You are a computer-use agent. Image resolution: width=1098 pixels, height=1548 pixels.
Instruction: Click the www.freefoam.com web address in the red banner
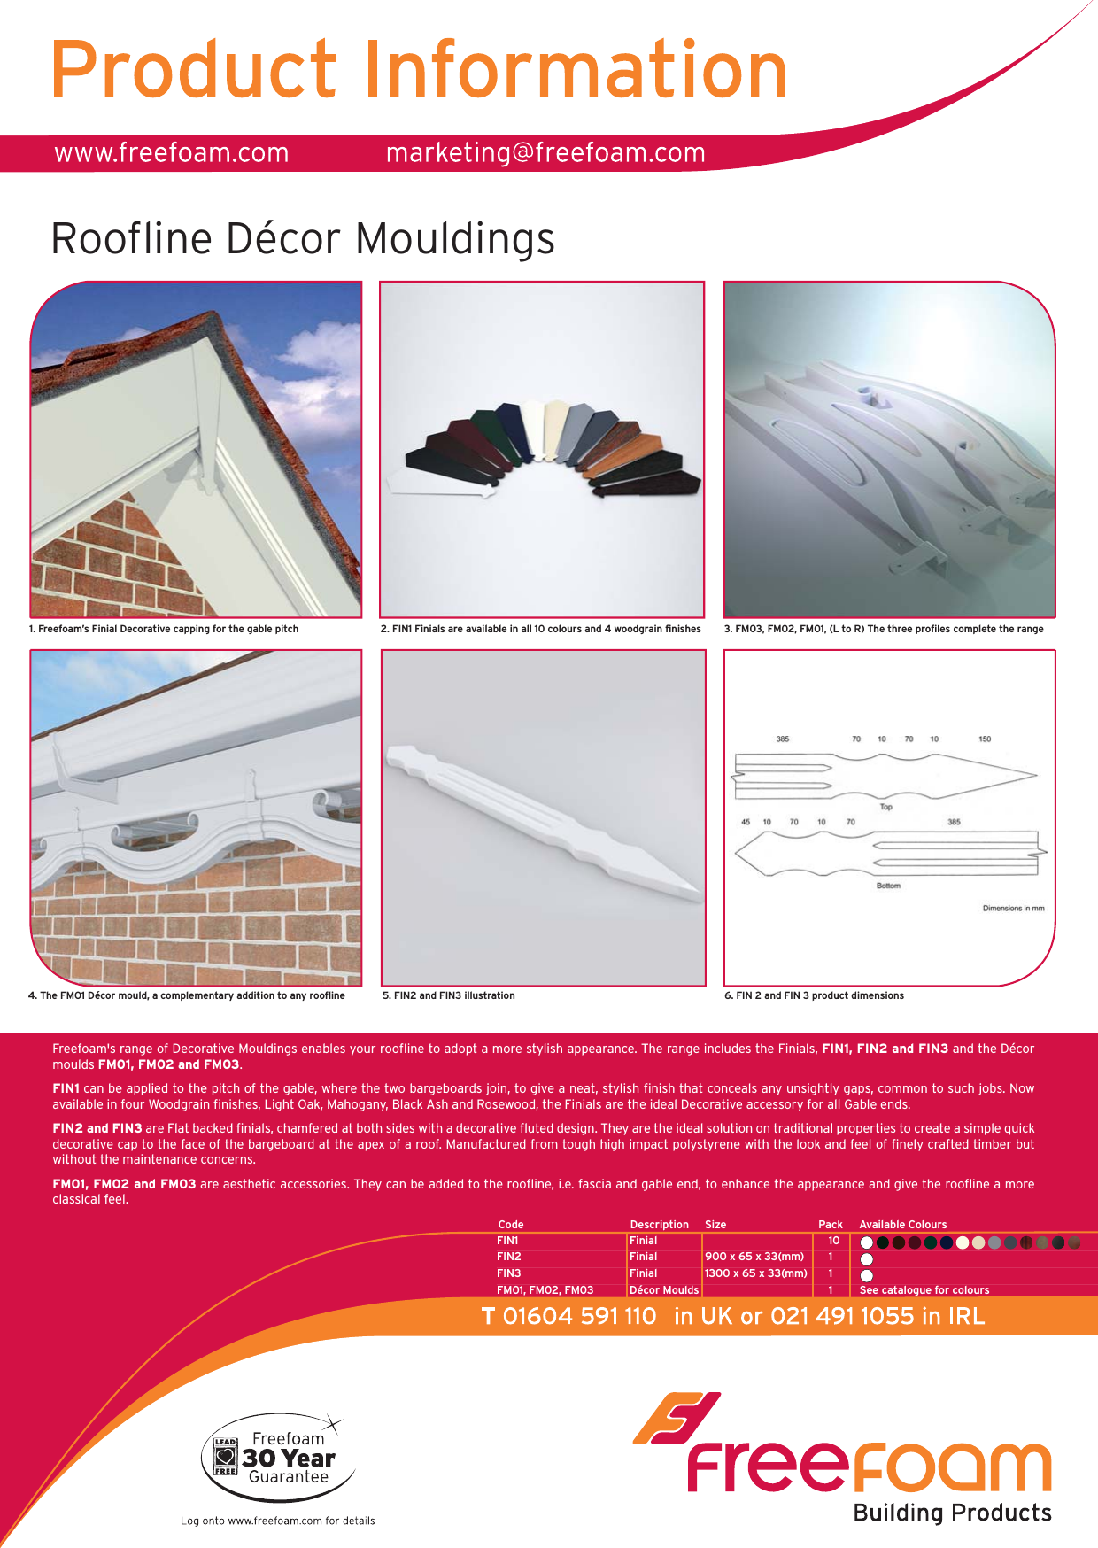click(172, 153)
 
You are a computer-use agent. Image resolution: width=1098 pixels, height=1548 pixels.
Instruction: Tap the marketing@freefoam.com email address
click(545, 153)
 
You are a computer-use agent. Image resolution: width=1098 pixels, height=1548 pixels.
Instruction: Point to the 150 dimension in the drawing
click(985, 739)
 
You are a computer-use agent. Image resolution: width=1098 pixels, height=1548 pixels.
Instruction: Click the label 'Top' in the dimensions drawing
click(885, 807)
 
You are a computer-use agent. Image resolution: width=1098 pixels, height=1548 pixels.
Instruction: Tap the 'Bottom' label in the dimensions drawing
click(888, 886)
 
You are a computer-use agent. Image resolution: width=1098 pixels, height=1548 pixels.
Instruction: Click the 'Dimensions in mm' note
click(1013, 909)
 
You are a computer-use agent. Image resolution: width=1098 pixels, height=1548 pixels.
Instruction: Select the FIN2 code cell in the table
click(509, 1257)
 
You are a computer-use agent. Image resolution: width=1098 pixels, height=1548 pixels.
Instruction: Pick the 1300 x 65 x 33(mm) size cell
click(756, 1273)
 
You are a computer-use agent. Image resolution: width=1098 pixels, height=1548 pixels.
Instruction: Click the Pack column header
click(831, 1225)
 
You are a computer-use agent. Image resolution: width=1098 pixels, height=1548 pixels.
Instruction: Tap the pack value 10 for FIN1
click(833, 1241)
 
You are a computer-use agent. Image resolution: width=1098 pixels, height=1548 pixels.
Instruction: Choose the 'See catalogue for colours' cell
click(924, 1290)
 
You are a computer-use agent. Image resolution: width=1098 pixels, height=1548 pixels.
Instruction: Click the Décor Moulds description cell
click(664, 1290)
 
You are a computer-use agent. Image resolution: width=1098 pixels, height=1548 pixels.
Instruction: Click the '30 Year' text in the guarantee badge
click(289, 1458)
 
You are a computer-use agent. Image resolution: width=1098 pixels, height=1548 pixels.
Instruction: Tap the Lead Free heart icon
click(226, 1456)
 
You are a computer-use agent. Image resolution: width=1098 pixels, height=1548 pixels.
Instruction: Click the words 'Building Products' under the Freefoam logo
click(952, 1513)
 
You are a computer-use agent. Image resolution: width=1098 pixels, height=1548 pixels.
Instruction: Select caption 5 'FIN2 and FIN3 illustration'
click(449, 995)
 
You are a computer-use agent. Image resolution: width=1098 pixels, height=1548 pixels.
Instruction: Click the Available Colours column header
click(902, 1225)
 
